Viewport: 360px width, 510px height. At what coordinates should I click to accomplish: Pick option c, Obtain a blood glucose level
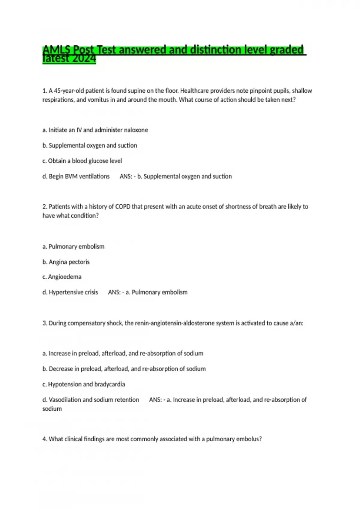pos(82,161)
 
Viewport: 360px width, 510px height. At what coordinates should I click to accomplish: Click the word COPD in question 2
pos(123,206)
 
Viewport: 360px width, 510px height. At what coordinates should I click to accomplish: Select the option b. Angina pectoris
pos(66,262)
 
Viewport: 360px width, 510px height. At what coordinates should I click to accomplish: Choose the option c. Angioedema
pos(62,277)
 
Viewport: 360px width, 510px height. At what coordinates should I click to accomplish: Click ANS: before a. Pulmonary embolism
pos(114,292)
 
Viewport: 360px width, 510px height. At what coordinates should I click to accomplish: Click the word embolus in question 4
pos(249,439)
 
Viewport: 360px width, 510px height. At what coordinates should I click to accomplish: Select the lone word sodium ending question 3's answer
pos(52,409)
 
